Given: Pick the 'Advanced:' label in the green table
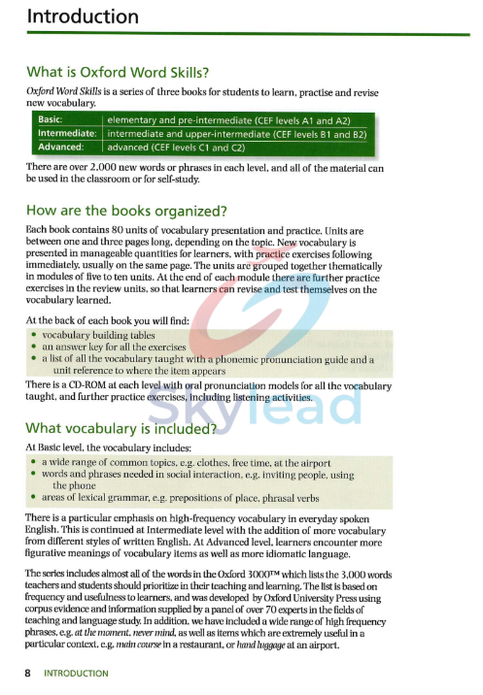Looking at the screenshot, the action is click(58, 148).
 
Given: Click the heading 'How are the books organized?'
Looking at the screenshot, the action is click(126, 211).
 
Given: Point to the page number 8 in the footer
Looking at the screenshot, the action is click(30, 673).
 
